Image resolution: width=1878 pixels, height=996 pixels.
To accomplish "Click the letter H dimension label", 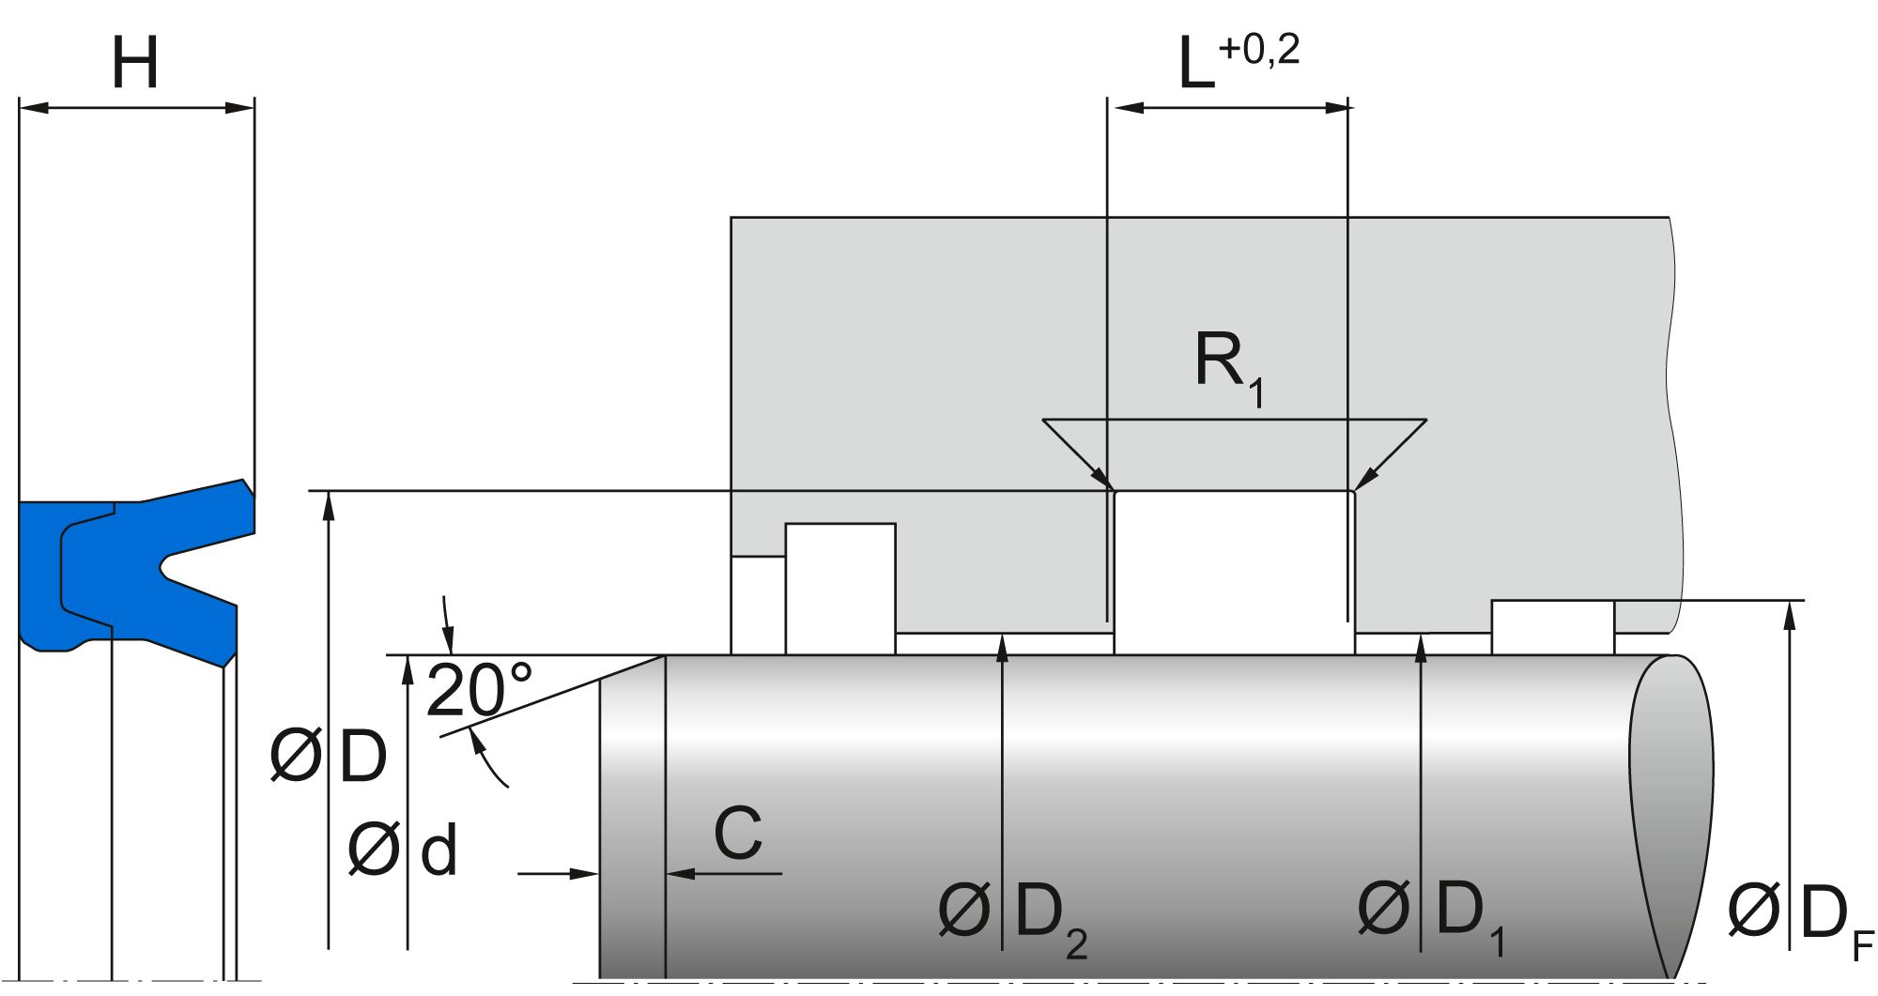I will pyautogui.click(x=135, y=64).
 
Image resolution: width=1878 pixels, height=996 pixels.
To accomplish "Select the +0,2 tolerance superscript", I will pyautogui.click(x=1258, y=49).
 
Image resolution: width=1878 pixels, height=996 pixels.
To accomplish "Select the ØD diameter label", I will pyautogui.click(x=328, y=757).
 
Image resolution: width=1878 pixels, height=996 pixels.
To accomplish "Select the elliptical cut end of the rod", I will pyautogui.click(x=1671, y=807).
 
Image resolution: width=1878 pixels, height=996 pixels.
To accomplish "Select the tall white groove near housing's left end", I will pyautogui.click(x=839, y=588).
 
